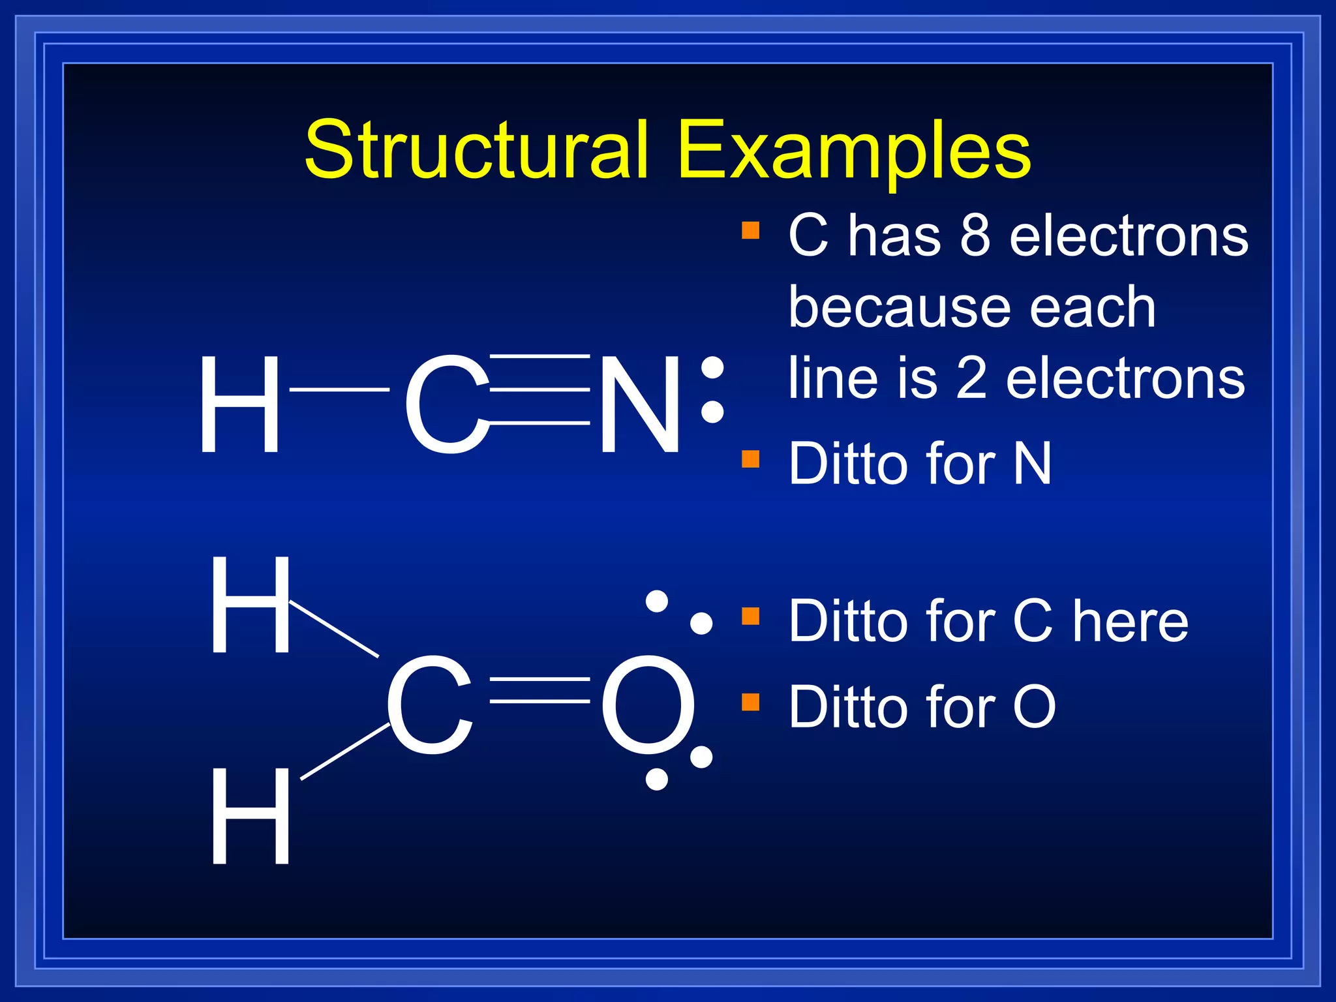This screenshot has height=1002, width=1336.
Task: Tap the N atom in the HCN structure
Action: pyautogui.click(x=640, y=404)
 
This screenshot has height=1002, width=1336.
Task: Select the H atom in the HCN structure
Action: pyautogui.click(x=239, y=404)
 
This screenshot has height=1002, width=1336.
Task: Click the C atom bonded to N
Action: pyautogui.click(x=446, y=404)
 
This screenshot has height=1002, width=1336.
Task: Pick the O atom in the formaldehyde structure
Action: pyautogui.click(x=647, y=706)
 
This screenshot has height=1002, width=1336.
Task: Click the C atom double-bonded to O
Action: pyautogui.click(x=429, y=706)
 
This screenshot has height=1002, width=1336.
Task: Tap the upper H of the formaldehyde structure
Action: pyautogui.click(x=250, y=605)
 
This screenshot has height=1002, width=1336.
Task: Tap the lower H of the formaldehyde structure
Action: pyautogui.click(x=250, y=816)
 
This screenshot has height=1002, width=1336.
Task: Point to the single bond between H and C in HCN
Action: pyautogui.click(x=339, y=389)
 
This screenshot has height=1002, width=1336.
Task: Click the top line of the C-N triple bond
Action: pyautogui.click(x=540, y=356)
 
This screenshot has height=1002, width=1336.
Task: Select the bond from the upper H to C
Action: pyautogui.click(x=334, y=628)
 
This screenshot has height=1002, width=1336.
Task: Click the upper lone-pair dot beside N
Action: pyautogui.click(x=712, y=367)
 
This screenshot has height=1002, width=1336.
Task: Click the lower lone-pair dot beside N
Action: pyautogui.click(x=712, y=412)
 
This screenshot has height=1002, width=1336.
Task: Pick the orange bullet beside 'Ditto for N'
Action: pyautogui.click(x=751, y=459)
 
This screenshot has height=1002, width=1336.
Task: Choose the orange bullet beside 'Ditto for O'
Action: pyautogui.click(x=751, y=702)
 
